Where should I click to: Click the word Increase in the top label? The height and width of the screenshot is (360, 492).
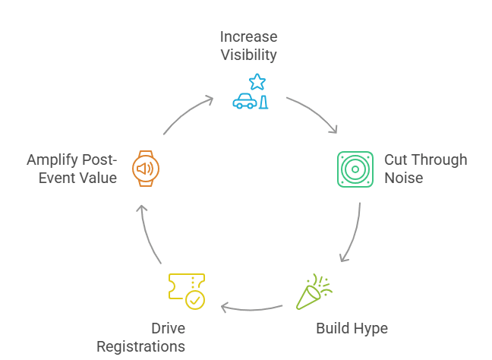(248, 36)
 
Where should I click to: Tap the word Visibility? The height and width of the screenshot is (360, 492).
(248, 55)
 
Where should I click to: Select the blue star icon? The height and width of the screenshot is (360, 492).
(257, 81)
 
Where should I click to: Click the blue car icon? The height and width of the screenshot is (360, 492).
(244, 102)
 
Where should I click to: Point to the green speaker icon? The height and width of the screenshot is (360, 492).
(355, 169)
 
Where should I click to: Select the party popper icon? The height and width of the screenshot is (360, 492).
(313, 291)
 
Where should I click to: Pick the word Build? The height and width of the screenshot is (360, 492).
(332, 329)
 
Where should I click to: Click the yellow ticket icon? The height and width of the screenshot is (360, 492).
(182, 286)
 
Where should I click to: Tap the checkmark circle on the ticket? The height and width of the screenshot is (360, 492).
(195, 300)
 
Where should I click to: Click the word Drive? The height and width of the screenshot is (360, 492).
(168, 329)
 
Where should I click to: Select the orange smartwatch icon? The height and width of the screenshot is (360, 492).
(146, 168)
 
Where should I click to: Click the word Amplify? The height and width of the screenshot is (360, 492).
(54, 159)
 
